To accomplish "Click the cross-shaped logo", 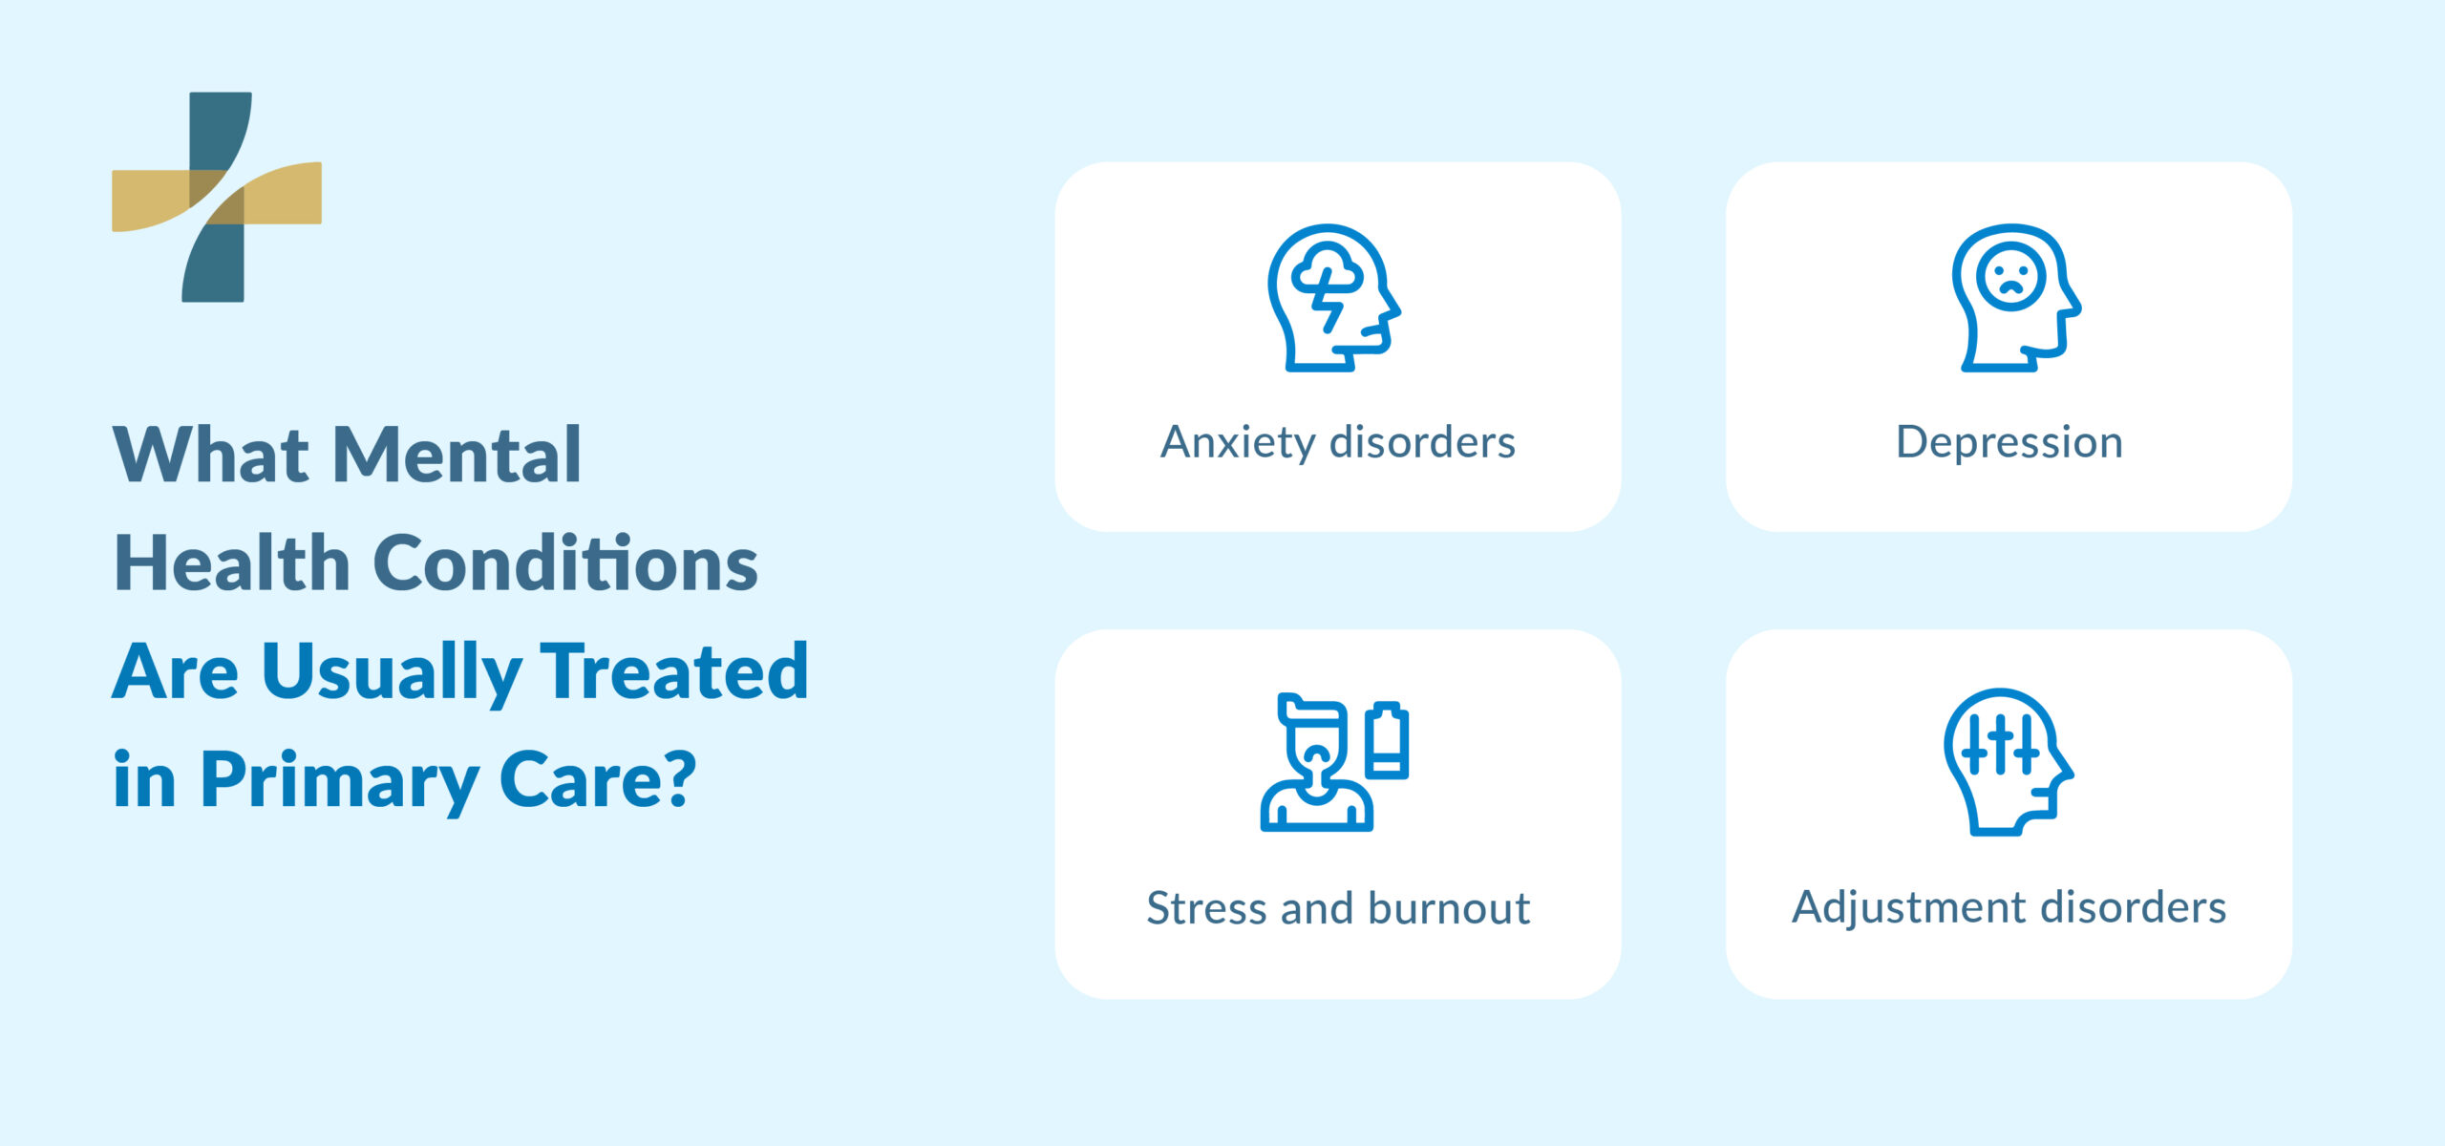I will [x=217, y=197].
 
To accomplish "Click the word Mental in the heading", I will [x=457, y=455].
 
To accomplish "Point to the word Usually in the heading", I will [x=392, y=672].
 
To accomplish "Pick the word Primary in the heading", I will [x=339, y=781].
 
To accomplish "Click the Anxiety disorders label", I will [x=1337, y=443].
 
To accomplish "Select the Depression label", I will [x=2009, y=443].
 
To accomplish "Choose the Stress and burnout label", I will [x=1337, y=908].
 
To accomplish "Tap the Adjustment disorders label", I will [x=2009, y=907].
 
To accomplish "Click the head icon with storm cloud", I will [x=1333, y=297].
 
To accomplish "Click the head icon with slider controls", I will [x=2007, y=761].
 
